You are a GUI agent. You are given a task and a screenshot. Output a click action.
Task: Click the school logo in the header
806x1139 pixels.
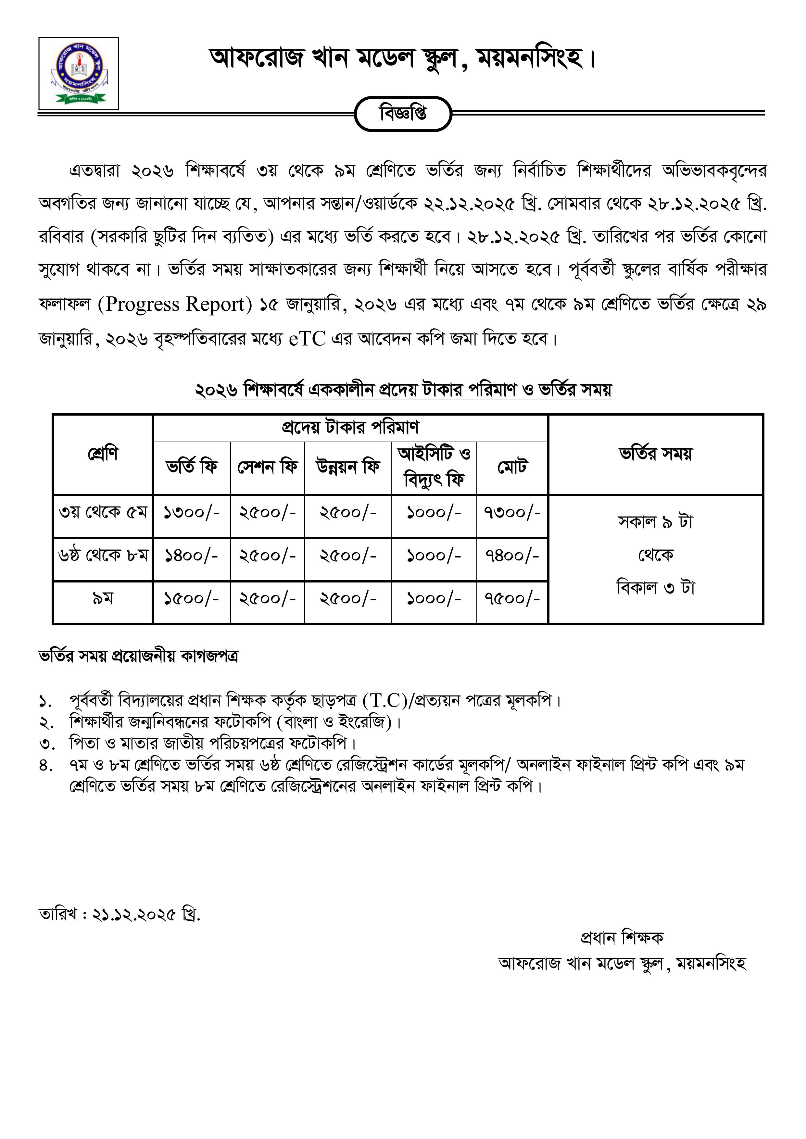(78, 73)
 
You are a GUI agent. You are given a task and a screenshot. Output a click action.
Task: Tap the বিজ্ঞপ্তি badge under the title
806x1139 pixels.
(403, 114)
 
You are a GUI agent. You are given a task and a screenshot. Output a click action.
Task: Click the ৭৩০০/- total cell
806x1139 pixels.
(512, 512)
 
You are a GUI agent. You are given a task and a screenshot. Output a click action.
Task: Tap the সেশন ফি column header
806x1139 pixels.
(268, 467)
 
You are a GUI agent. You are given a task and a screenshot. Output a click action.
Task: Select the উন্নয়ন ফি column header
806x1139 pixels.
(348, 467)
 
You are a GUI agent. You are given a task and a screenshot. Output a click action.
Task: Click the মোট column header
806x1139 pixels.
(512, 467)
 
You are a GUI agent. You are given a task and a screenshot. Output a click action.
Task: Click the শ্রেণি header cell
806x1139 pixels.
(103, 453)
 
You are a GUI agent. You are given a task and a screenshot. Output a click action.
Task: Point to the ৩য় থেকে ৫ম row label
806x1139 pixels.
(103, 512)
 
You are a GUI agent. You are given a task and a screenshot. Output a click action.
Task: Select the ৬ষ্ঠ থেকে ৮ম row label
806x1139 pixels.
(103, 556)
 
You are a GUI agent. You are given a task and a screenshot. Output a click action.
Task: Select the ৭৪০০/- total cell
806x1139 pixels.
(512, 556)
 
